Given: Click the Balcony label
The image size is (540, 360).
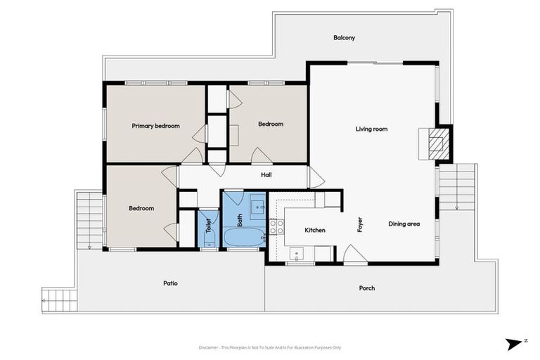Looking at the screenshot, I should (344, 38).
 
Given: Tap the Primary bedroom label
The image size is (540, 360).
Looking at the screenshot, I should (155, 127).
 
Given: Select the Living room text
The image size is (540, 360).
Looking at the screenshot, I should (371, 129).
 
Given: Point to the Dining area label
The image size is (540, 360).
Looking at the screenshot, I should (404, 224).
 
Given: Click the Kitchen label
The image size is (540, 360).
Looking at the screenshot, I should (314, 231).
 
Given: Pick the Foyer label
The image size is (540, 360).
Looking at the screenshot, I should (359, 225).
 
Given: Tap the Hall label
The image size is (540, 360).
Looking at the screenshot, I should (266, 175).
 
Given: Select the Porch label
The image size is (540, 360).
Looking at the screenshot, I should (366, 288).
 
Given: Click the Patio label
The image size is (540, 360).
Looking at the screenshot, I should (170, 283).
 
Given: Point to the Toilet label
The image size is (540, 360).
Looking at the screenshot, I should (208, 226).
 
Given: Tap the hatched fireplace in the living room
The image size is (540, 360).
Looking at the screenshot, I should (438, 143).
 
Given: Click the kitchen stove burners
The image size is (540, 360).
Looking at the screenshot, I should (277, 226).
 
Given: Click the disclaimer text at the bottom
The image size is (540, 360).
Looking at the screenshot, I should (270, 347).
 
